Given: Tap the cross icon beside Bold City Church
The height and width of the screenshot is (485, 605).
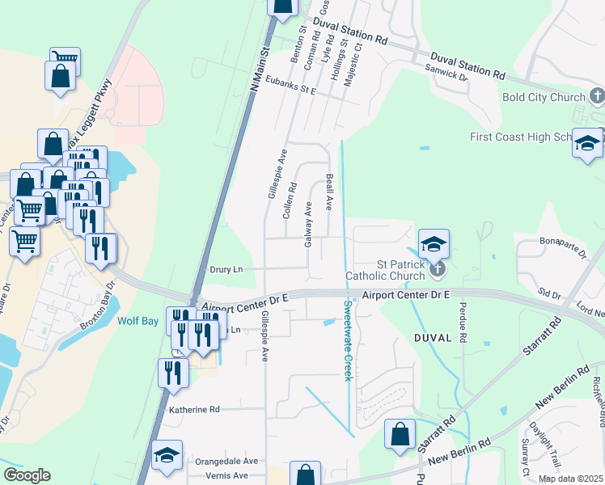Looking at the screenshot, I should [x=596, y=98].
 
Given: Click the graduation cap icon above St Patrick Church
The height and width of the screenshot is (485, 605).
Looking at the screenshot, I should [x=434, y=243].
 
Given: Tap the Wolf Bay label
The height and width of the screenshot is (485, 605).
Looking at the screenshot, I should [x=138, y=319].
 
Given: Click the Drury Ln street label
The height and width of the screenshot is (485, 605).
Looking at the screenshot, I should [x=226, y=269].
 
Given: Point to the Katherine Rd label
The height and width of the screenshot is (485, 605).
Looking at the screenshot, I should [x=193, y=410].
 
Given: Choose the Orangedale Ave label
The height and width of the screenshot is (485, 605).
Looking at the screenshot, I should [x=226, y=461].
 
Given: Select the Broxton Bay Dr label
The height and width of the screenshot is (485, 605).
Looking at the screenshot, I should [x=99, y=314].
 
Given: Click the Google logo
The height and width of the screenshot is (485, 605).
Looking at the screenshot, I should [x=27, y=475].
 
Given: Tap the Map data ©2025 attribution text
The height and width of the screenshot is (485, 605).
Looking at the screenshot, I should [x=570, y=479].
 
